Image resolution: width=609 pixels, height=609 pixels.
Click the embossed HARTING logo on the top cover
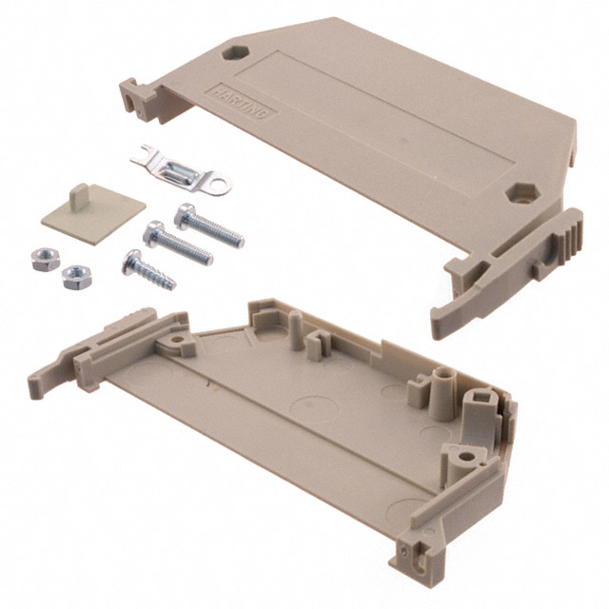(242, 103)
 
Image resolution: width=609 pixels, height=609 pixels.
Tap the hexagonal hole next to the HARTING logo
(235, 52)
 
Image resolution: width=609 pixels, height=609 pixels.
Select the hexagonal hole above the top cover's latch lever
(522, 192)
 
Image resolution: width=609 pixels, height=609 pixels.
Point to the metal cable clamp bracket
(182, 172)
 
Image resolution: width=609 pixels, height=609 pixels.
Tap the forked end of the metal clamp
(142, 154)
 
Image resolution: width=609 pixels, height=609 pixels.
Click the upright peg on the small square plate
(80, 195)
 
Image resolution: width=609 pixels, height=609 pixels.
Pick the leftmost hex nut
(46, 260)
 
